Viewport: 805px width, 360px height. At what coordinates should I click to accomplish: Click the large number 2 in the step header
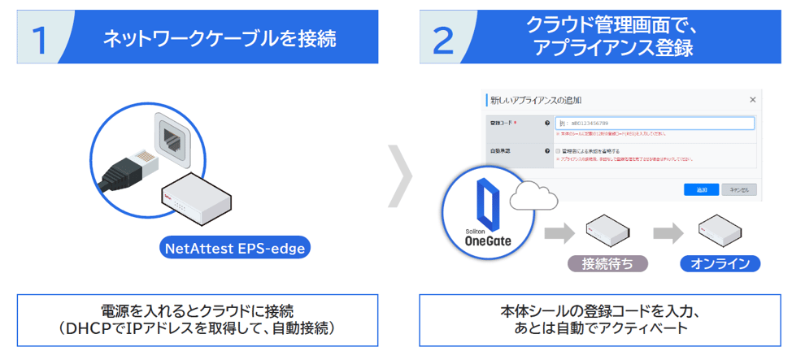[x=444, y=39]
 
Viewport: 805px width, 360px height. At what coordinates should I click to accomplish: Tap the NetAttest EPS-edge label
[x=236, y=249]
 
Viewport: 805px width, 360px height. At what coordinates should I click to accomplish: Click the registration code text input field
[x=654, y=124]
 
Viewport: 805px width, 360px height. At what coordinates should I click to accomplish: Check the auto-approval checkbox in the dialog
[x=558, y=151]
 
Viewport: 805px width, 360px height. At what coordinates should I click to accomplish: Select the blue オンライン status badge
[x=720, y=264]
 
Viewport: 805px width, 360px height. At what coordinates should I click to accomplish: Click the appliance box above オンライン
[x=720, y=231]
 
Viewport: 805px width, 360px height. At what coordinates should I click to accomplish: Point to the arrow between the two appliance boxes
[x=668, y=233]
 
